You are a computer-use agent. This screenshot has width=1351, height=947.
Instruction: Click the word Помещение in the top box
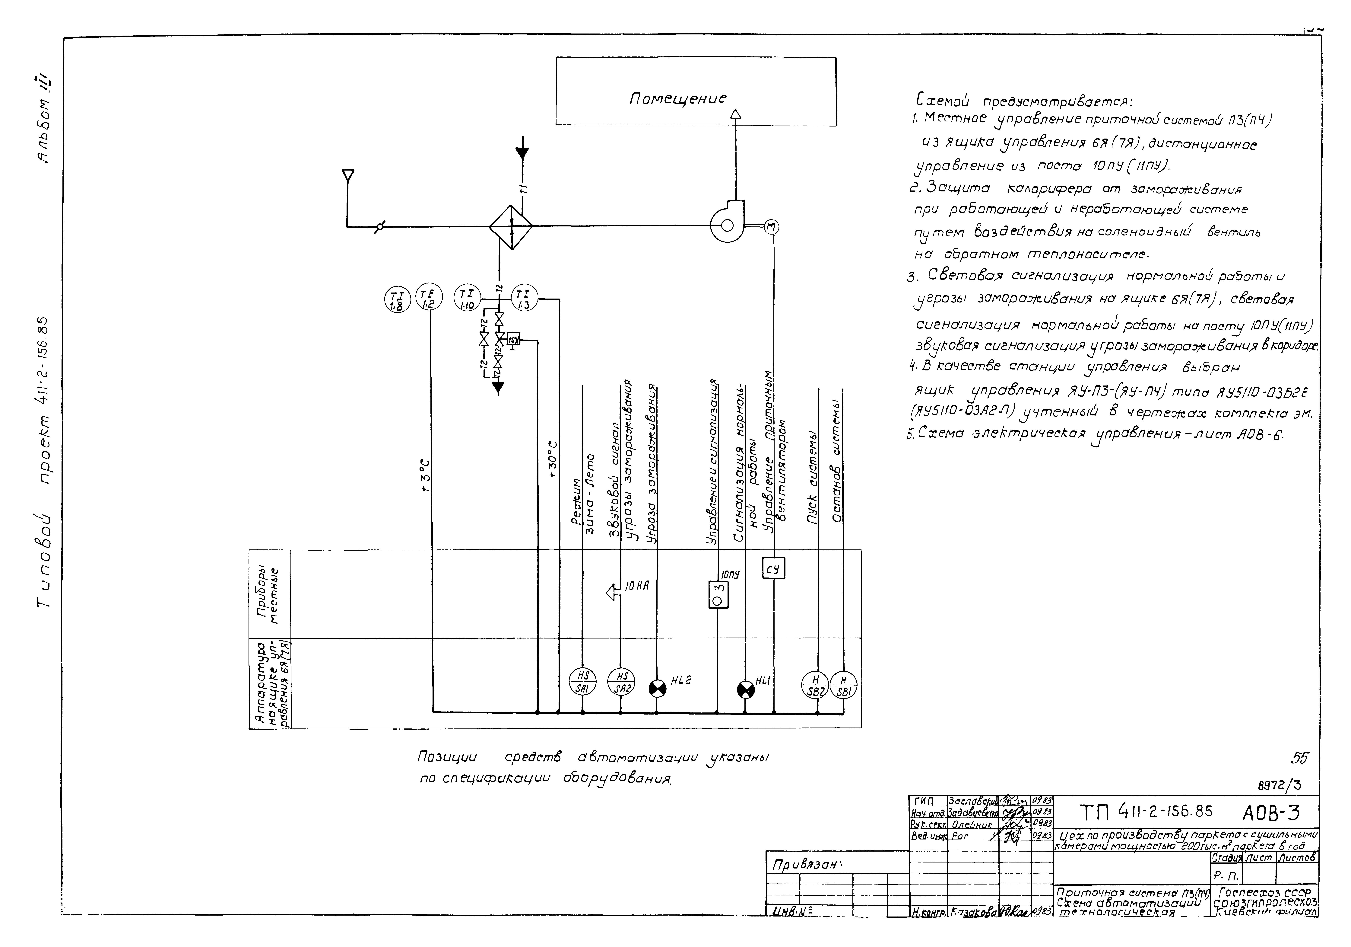coord(678,98)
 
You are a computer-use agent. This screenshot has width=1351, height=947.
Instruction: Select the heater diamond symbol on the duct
coord(511,226)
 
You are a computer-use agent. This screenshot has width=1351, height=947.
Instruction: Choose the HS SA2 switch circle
coord(620,683)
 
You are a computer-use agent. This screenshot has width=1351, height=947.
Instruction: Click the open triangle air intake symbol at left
coord(348,175)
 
